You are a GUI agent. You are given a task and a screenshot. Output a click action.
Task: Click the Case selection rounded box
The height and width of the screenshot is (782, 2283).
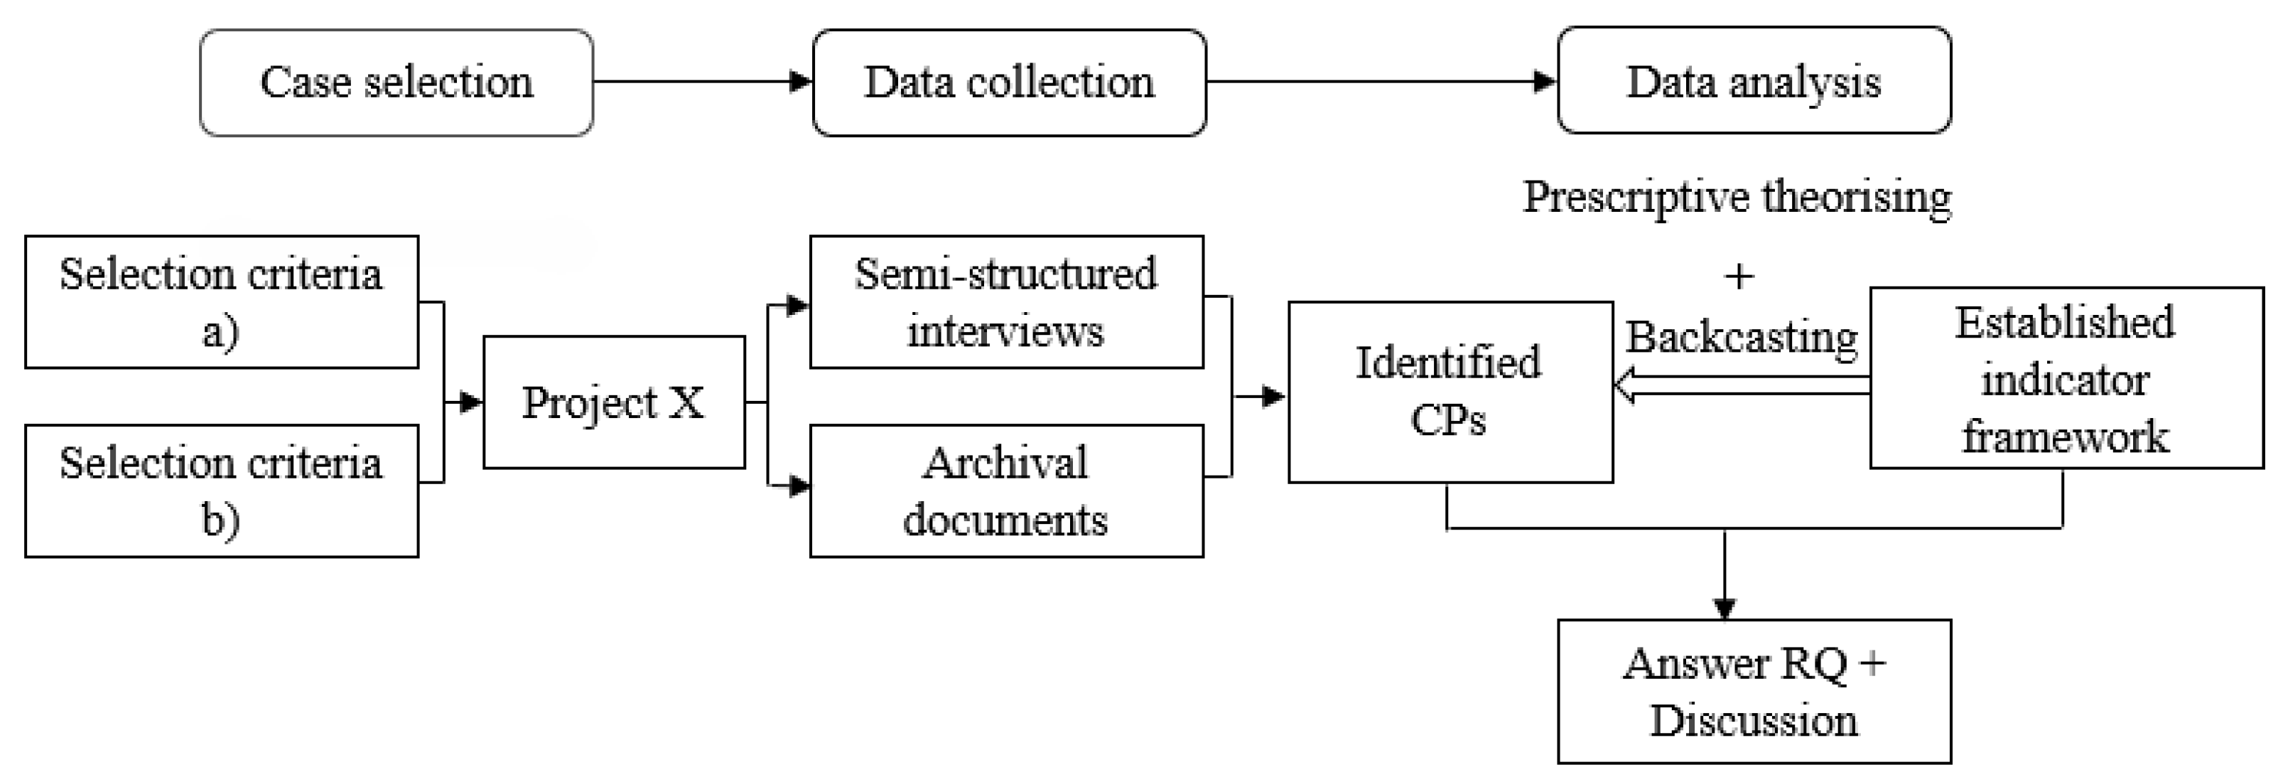point(396,82)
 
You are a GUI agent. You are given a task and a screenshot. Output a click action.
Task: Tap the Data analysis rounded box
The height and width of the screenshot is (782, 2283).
point(1754,80)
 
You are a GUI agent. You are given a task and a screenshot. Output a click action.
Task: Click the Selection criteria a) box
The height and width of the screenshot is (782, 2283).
point(222,301)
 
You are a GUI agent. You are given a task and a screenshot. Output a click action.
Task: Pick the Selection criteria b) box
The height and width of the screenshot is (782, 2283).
point(222,491)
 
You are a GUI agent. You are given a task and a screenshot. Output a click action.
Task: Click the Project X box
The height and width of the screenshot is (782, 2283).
point(613,402)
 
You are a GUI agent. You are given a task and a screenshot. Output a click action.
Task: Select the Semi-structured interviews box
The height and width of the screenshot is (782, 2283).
point(1006,301)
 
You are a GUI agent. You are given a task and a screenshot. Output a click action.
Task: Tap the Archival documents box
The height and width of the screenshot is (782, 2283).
point(1006,491)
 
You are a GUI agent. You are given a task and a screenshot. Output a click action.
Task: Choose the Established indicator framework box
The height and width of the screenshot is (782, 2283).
point(2065,377)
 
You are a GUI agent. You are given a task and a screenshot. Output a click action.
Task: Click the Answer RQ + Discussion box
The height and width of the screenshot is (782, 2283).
point(1754,691)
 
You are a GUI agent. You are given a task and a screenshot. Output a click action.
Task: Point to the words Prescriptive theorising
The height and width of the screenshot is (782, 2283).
point(1737,197)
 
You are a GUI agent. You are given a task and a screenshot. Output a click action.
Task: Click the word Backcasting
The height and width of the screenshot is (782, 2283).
point(1742,337)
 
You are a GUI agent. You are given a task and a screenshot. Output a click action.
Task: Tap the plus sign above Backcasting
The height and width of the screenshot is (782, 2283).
point(1739,277)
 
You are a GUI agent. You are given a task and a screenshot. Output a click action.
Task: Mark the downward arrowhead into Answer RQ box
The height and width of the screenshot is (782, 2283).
point(1724,609)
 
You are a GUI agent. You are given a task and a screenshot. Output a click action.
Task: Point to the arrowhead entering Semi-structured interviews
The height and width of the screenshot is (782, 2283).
point(798,306)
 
